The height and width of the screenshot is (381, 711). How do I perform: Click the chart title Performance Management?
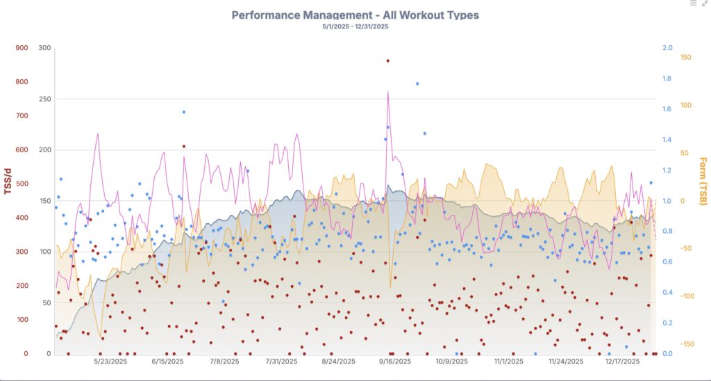[x=355, y=15]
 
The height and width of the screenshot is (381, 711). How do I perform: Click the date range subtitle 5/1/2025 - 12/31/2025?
[x=355, y=26]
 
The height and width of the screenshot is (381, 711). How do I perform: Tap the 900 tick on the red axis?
[x=22, y=48]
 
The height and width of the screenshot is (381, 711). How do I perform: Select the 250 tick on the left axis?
[x=45, y=99]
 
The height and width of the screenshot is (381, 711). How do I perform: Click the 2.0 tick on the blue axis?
[x=668, y=48]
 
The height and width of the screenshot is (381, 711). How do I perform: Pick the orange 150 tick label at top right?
[x=685, y=57]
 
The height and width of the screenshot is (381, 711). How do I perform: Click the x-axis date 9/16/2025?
[x=395, y=362]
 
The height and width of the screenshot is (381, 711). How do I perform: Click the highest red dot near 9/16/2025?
[x=387, y=60]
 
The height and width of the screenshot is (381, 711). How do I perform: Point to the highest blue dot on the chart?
[x=417, y=83]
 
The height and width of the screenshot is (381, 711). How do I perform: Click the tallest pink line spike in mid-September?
[x=387, y=92]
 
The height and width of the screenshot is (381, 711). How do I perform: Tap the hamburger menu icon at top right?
[x=693, y=3]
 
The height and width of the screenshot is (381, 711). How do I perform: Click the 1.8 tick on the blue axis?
[x=668, y=79]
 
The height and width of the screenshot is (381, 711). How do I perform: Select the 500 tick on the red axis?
[x=22, y=184]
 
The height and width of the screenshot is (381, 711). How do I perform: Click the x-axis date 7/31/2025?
[x=281, y=362]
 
